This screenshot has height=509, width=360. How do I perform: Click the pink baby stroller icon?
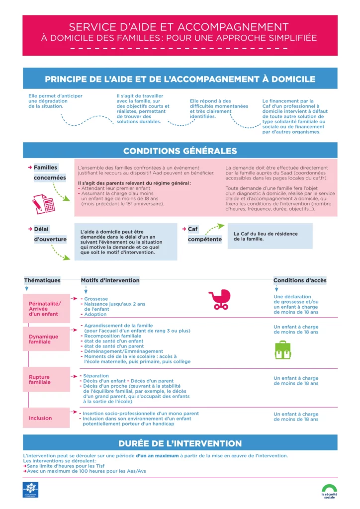click(x=219, y=300)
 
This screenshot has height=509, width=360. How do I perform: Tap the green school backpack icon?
click(x=282, y=349)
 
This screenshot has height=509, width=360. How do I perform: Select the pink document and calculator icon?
click(x=43, y=203)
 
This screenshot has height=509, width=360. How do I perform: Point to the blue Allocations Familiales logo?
click(x=31, y=489)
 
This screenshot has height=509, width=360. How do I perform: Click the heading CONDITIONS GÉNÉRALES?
click(x=180, y=151)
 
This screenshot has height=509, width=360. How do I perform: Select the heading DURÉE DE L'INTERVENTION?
click(x=180, y=443)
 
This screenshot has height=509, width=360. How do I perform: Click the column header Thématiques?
click(x=42, y=280)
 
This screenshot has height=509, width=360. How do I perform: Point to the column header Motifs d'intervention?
click(x=110, y=280)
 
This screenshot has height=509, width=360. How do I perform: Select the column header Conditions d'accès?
click(x=300, y=280)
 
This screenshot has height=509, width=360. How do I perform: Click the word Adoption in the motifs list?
click(x=95, y=314)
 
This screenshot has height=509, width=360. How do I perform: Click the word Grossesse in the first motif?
click(x=96, y=299)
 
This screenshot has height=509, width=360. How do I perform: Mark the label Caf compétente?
click(x=204, y=234)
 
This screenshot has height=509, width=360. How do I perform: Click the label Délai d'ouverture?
click(x=50, y=234)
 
